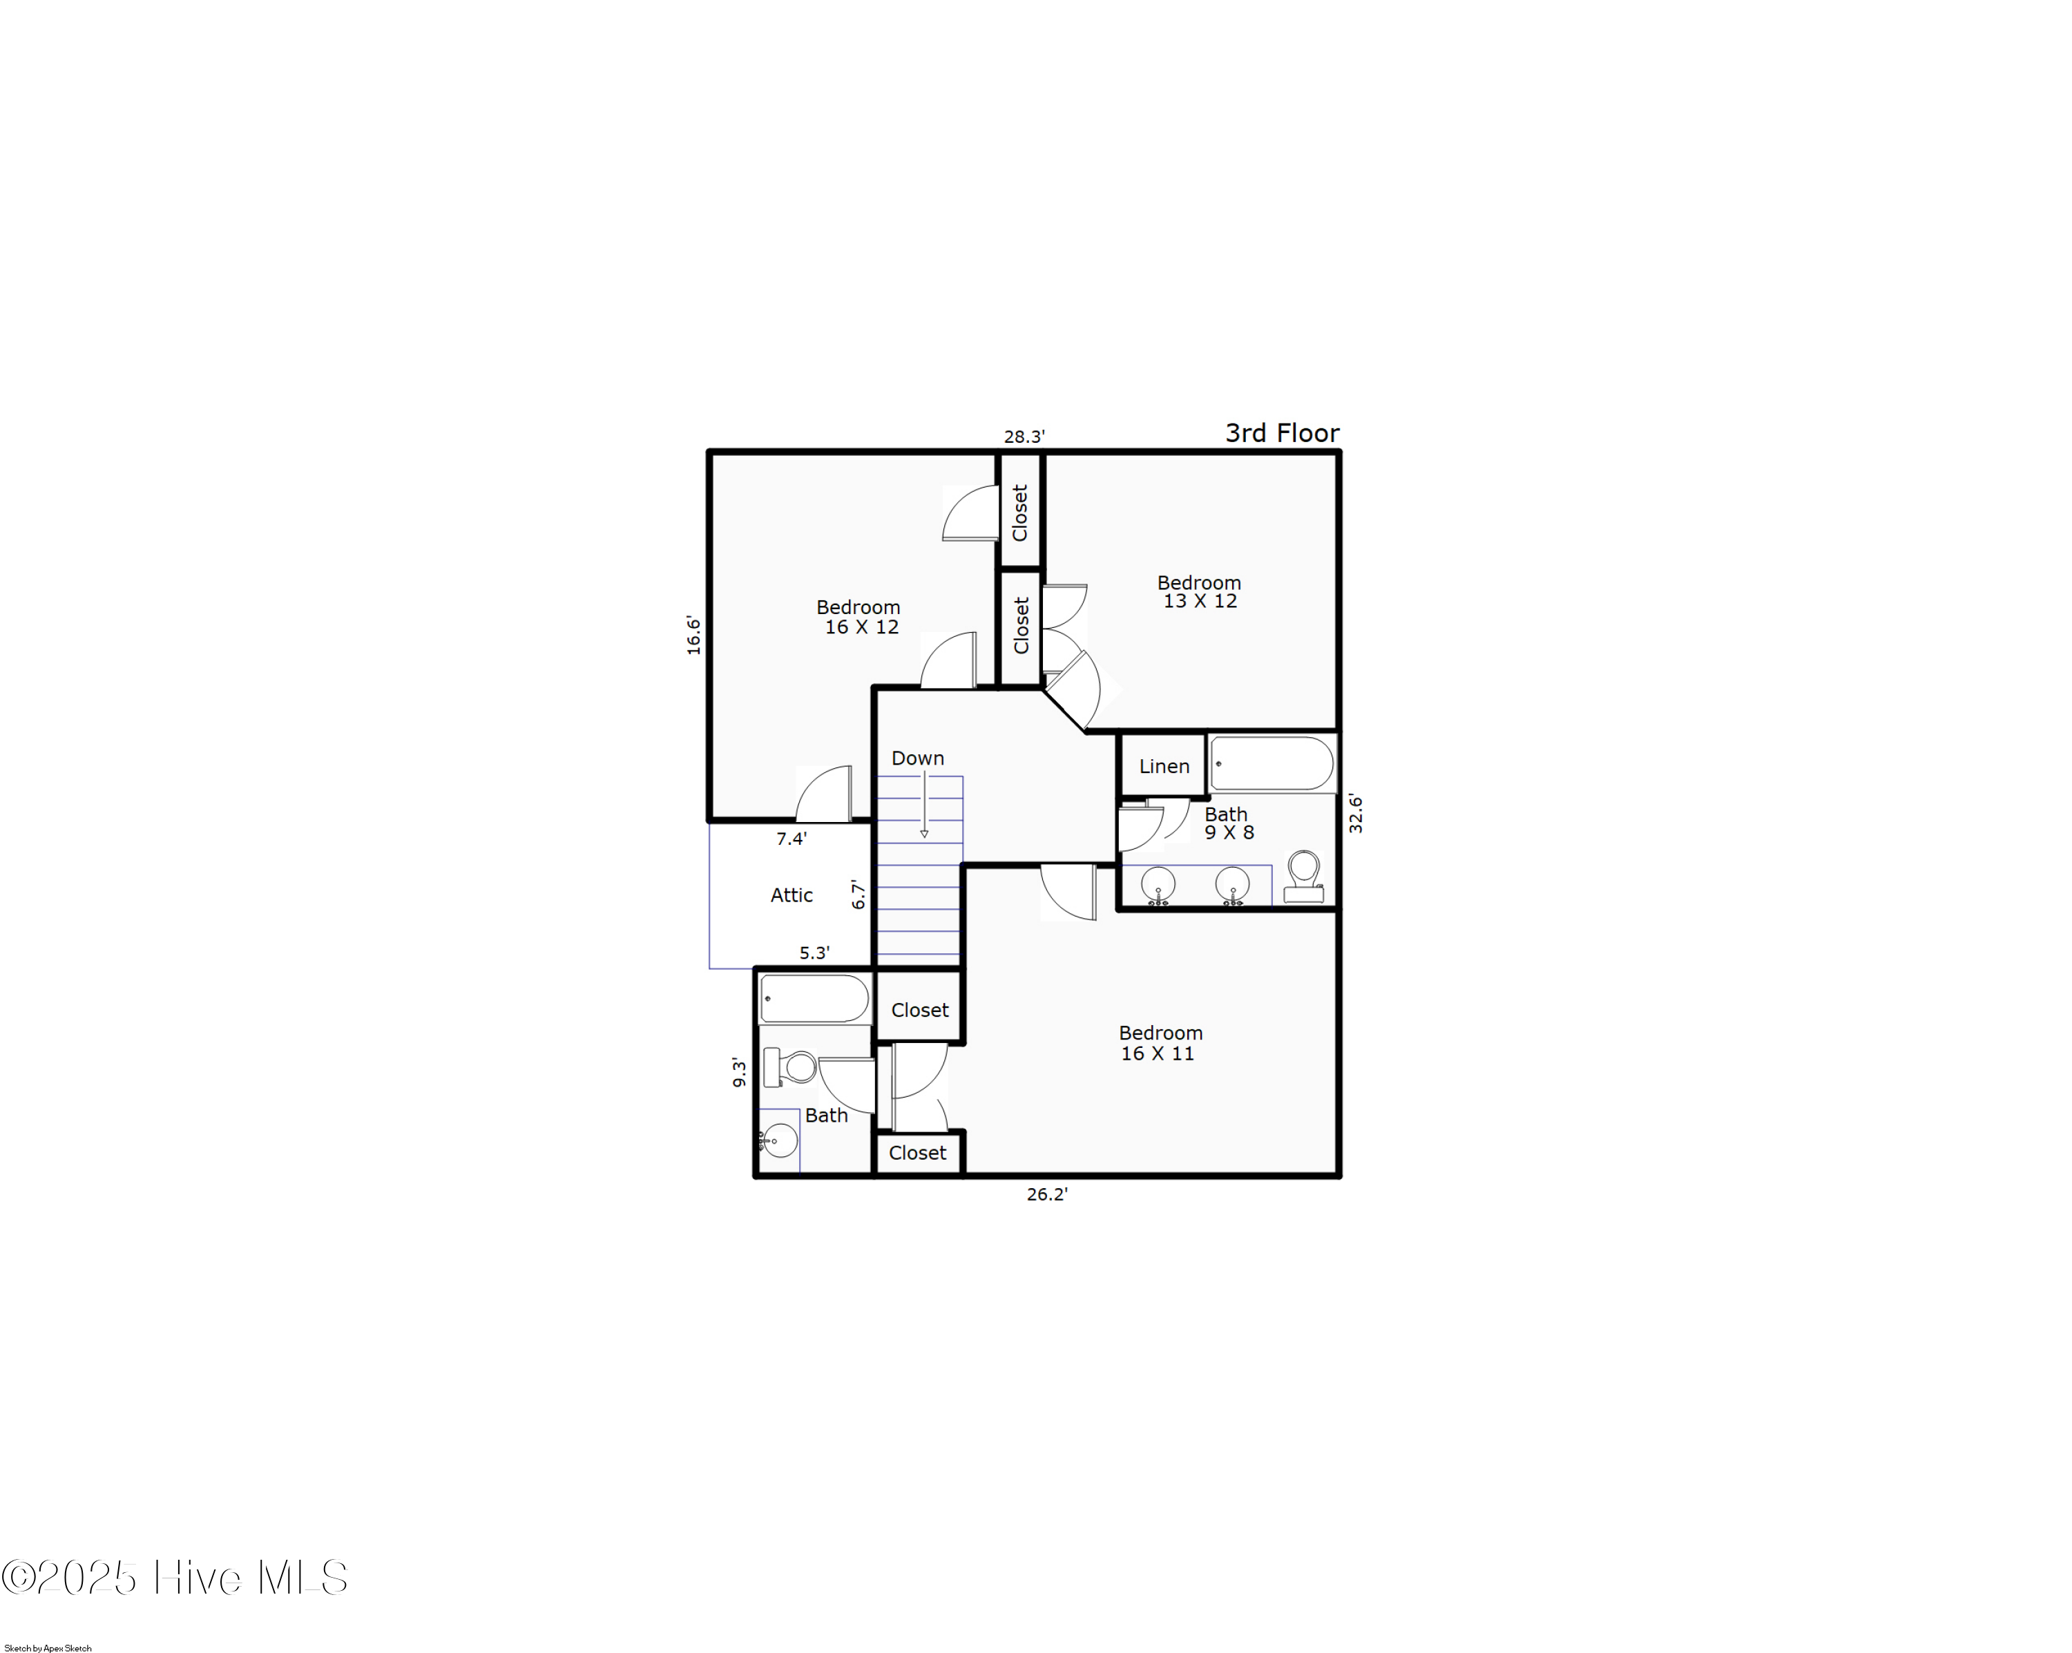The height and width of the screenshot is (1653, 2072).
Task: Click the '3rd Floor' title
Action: tap(1282, 432)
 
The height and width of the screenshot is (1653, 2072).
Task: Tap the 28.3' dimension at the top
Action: tap(1024, 437)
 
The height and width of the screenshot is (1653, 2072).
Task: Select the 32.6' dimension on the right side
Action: tap(1355, 813)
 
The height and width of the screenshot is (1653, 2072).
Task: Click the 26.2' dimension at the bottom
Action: tap(1048, 1194)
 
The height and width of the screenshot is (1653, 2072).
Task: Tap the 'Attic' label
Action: tap(792, 895)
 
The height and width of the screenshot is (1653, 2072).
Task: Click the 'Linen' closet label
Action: tap(1164, 766)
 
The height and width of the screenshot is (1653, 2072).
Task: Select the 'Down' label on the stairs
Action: tap(918, 758)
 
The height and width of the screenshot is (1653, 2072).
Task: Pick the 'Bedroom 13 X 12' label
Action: tap(1200, 592)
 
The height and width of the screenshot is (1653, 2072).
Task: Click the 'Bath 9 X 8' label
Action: tap(1228, 823)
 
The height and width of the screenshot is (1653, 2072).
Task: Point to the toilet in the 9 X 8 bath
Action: tap(1304, 877)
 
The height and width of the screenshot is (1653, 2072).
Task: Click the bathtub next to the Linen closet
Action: tap(1272, 764)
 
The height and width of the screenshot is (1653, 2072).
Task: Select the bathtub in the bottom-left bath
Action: tap(815, 999)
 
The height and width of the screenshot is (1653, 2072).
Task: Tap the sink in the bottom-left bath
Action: tap(778, 1140)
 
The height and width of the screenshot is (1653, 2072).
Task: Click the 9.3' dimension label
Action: tap(739, 1073)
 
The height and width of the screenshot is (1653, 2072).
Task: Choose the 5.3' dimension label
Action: tap(815, 953)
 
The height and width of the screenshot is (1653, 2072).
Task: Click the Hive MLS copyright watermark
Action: tap(174, 1577)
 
